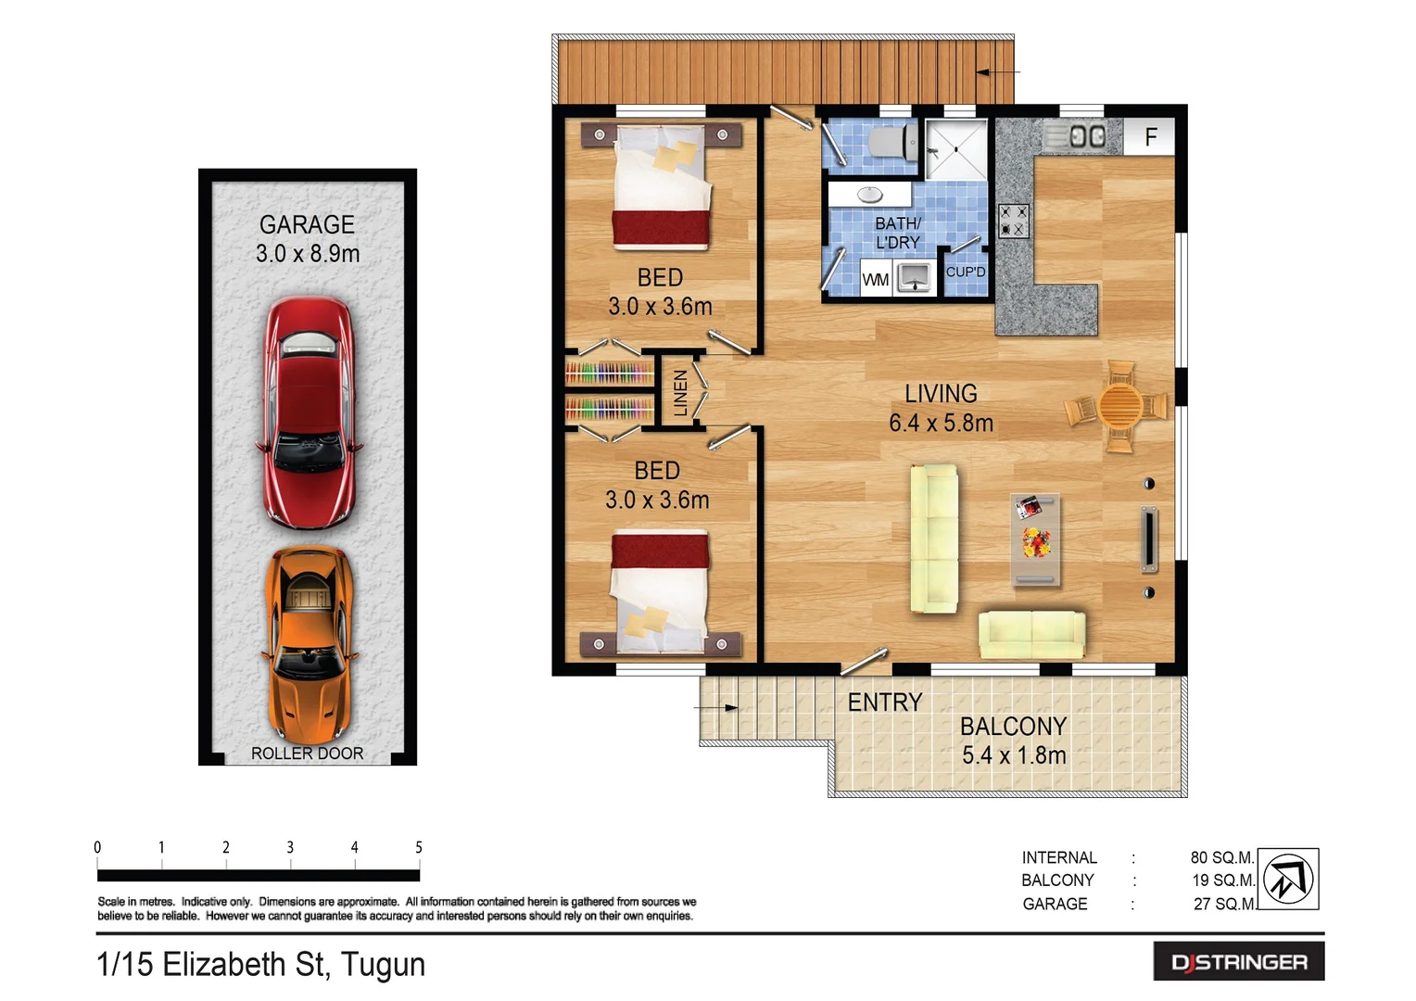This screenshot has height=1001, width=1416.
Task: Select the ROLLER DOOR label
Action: pyautogui.click(x=307, y=754)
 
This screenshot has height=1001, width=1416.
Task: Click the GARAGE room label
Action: pyautogui.click(x=307, y=225)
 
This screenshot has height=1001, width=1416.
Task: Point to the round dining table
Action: pyautogui.click(x=1120, y=406)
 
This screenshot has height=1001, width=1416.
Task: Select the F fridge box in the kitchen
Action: pyautogui.click(x=1150, y=137)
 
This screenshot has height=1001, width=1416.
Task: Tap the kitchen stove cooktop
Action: pyautogui.click(x=1013, y=221)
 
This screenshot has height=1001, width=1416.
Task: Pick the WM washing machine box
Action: pyautogui.click(x=875, y=279)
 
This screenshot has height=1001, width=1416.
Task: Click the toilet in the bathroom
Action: pyautogui.click(x=891, y=143)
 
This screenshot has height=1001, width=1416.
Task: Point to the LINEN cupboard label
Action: pyautogui.click(x=681, y=392)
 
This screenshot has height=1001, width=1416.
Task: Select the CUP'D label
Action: pyautogui.click(x=965, y=272)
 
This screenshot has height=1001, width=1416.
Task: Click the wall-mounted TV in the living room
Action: pyautogui.click(x=1149, y=539)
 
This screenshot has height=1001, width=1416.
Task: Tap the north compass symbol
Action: pyautogui.click(x=1288, y=878)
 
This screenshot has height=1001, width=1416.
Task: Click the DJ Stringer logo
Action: pyautogui.click(x=1238, y=962)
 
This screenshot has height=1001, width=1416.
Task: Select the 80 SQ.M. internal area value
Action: pyautogui.click(x=1221, y=858)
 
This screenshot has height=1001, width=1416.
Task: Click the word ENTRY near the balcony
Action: pyautogui.click(x=885, y=703)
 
